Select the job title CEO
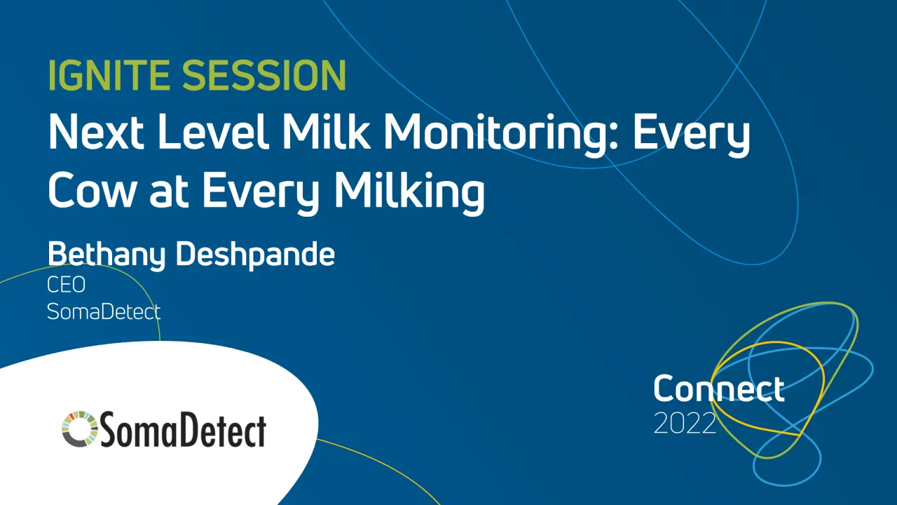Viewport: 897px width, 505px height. click(66, 285)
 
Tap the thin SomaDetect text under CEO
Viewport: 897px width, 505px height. click(104, 311)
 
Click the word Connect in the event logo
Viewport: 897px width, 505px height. click(718, 389)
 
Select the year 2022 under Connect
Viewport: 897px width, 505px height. click(685, 423)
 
